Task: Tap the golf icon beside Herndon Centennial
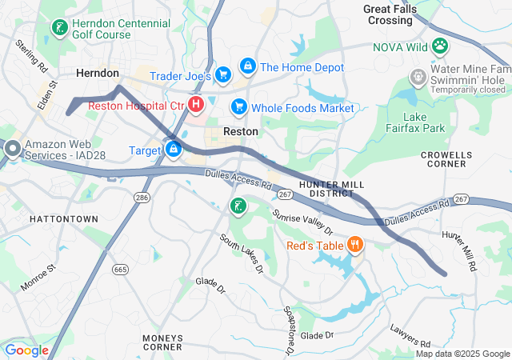tap(59, 29)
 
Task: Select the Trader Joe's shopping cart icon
tap(223, 75)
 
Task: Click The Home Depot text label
tap(302, 68)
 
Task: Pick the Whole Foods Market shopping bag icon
tap(238, 106)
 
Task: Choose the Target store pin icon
tap(173, 149)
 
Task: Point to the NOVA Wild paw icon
tap(440, 46)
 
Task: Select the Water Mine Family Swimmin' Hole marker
tap(418, 78)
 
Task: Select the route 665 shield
tap(121, 270)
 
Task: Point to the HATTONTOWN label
tap(63, 218)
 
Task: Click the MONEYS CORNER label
tap(162, 342)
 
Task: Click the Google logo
tap(27, 350)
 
